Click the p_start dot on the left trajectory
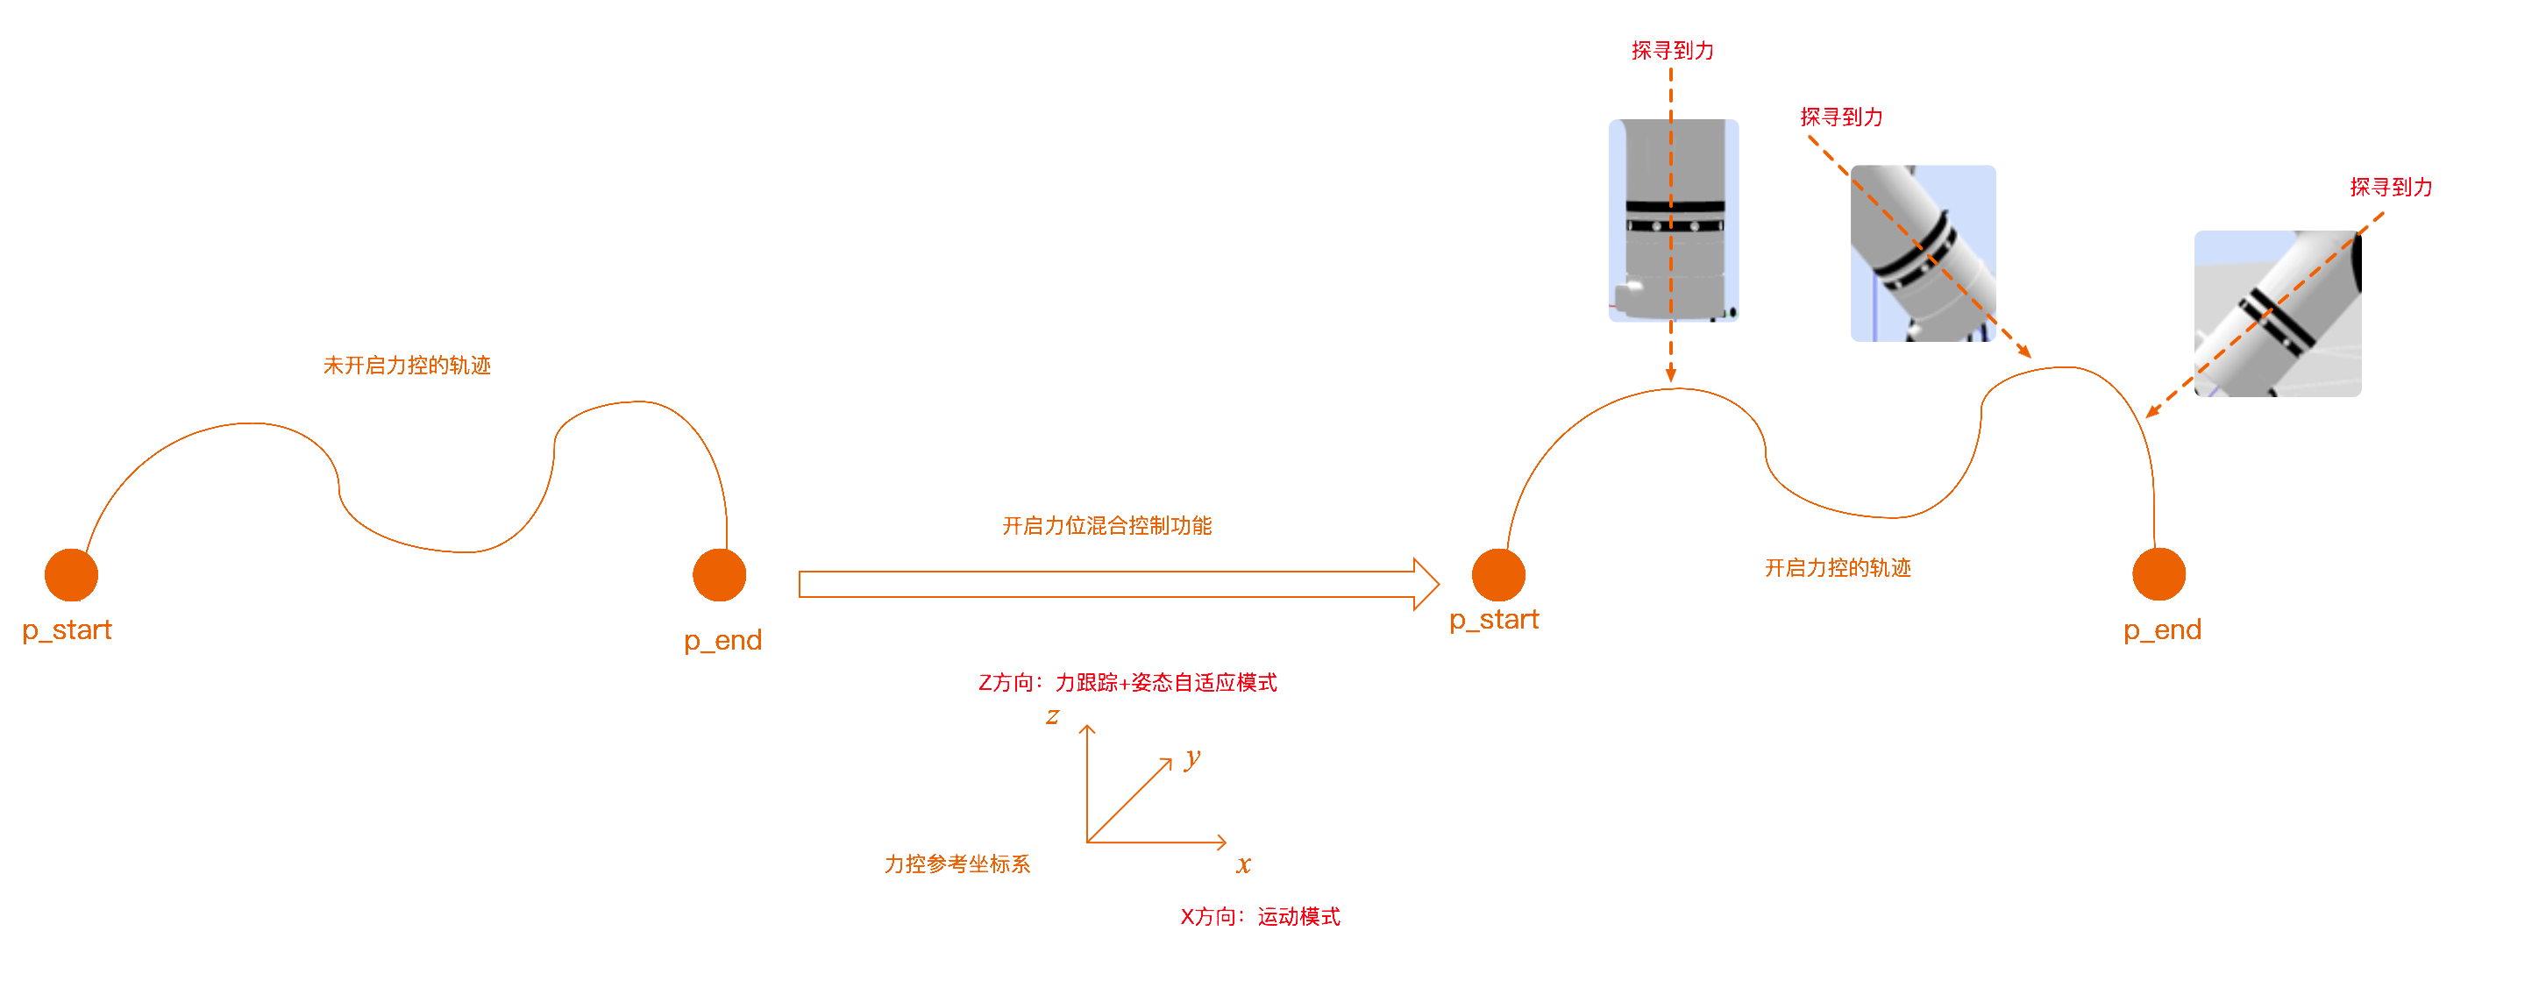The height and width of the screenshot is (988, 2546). [71, 575]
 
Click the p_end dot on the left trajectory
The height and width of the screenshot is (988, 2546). [720, 575]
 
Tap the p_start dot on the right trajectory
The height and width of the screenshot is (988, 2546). [1498, 575]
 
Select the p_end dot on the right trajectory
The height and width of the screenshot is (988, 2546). [2158, 574]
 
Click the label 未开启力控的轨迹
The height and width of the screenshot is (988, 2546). [407, 366]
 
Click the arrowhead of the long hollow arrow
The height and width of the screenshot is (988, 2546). [1427, 584]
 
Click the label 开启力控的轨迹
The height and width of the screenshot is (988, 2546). [1838, 568]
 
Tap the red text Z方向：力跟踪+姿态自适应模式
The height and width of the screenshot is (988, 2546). [1127, 683]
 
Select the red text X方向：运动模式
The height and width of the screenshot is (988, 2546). [1260, 917]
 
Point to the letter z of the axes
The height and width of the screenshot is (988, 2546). [1053, 715]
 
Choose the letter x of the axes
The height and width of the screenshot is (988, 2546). [1243, 864]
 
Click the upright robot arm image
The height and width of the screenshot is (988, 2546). [1675, 220]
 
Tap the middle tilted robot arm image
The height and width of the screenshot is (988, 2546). [1924, 253]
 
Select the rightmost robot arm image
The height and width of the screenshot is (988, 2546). [2277, 314]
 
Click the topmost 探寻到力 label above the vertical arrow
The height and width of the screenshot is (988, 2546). [1672, 50]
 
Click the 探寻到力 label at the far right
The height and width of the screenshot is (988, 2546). [2391, 188]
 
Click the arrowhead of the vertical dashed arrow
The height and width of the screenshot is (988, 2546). [1671, 375]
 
